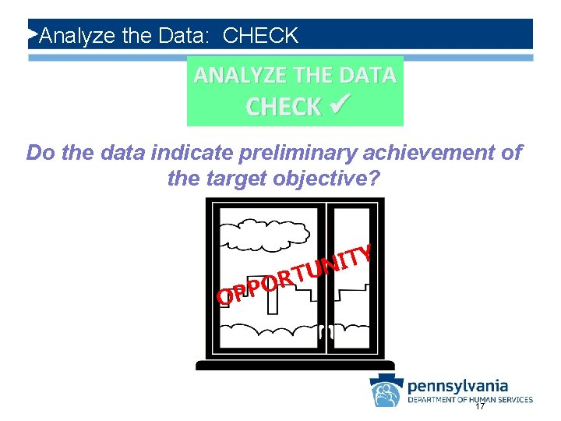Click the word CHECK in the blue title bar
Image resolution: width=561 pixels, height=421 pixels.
(260, 36)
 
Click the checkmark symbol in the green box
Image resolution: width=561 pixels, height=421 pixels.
(337, 105)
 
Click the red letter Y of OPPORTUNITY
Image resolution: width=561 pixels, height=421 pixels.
(362, 254)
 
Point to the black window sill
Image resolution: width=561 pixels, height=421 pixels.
(295, 364)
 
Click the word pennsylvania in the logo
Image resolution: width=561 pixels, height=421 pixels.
(457, 385)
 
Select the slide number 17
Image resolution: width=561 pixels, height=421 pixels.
(480, 408)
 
